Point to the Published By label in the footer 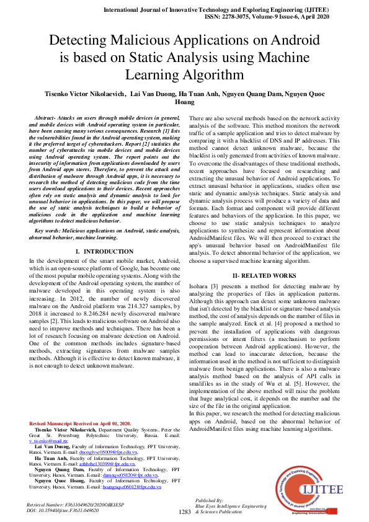209,500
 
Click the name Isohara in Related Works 200,286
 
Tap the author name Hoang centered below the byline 185,102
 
